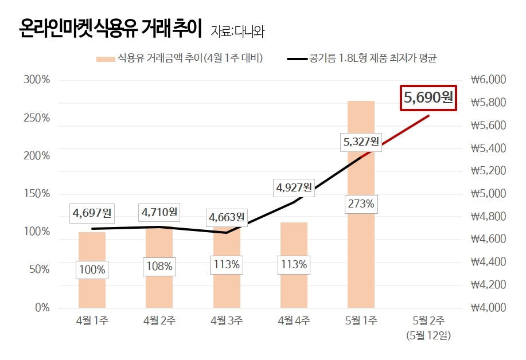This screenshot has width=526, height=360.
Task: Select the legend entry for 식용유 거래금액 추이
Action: point(180,58)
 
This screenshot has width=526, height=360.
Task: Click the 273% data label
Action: point(361,204)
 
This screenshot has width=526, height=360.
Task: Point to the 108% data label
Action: point(159,266)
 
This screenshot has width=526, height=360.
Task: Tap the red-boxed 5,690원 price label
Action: point(428,97)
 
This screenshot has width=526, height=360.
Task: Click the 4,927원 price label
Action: point(293,187)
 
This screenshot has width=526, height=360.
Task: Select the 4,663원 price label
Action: point(227,217)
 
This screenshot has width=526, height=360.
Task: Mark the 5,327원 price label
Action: point(361,141)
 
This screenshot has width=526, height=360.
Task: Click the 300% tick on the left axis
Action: point(36,80)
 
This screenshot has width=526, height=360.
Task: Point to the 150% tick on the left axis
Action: point(36,194)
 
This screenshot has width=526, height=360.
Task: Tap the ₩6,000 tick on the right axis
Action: point(488,80)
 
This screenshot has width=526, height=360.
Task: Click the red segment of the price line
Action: point(402,131)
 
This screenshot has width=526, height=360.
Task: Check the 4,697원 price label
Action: point(92,213)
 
